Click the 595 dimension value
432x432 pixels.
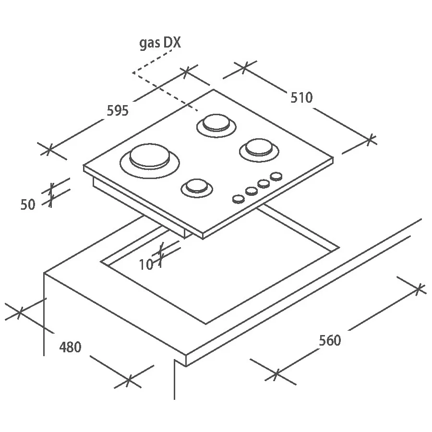(118, 110)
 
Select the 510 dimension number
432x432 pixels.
(302, 97)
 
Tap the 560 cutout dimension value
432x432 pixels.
(330, 340)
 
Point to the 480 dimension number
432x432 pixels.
(70, 347)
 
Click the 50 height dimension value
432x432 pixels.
(28, 204)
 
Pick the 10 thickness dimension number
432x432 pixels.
(146, 265)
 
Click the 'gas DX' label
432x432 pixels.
(160, 43)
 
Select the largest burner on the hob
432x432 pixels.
(150, 161)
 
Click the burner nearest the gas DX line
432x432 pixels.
(216, 126)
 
